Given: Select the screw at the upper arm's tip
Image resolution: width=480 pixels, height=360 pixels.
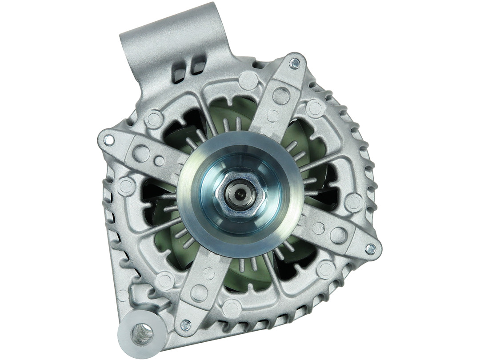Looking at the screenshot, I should point(294,64).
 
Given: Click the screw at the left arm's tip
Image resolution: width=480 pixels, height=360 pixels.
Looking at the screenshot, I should point(108,140).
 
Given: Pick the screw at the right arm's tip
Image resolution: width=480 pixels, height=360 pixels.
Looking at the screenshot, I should point(370,249).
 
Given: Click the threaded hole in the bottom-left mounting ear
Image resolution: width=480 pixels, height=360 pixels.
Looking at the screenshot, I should point(142,334).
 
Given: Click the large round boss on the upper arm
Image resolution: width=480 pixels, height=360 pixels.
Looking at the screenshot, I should point(281,95).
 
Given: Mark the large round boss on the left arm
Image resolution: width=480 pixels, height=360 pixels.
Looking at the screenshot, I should point(141,153).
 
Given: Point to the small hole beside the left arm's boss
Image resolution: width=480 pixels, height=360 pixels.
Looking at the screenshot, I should point(159,161).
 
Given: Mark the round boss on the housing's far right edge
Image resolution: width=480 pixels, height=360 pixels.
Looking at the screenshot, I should point(354,202).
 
